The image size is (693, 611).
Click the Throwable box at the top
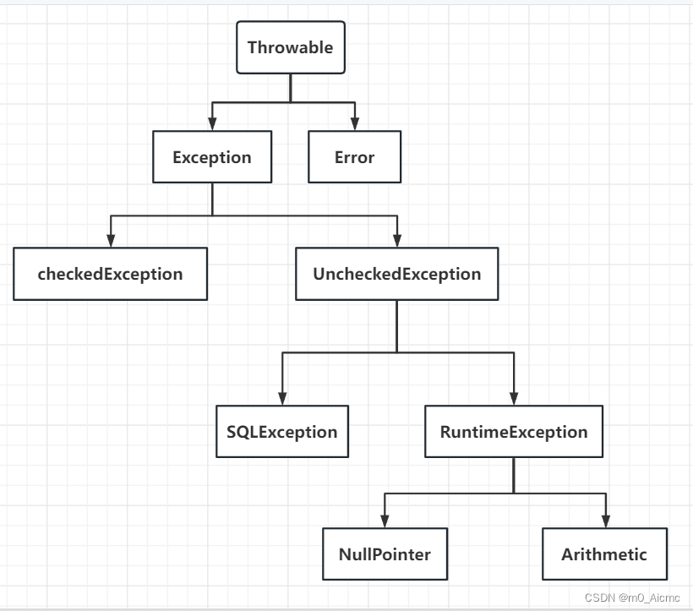(290, 47)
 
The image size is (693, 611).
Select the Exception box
(212, 157)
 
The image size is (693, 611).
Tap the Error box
(354, 157)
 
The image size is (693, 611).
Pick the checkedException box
(110, 274)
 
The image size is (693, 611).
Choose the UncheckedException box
(396, 274)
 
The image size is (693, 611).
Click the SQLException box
(281, 432)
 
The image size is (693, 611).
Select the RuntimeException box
(514, 432)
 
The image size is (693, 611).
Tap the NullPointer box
(385, 554)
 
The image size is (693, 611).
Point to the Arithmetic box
(604, 554)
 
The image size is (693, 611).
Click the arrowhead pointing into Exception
(212, 125)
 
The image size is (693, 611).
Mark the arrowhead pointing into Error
(354, 125)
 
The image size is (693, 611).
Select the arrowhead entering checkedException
(110, 241)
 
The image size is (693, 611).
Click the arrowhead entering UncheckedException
(396, 241)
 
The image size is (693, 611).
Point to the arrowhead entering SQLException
(281, 399)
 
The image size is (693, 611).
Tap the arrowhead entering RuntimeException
(514, 399)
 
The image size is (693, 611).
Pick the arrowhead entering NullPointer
(385, 521)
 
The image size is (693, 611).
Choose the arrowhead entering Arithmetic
(604, 521)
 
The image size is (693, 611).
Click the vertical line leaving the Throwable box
(290, 87)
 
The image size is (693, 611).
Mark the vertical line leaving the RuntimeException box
(514, 475)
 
